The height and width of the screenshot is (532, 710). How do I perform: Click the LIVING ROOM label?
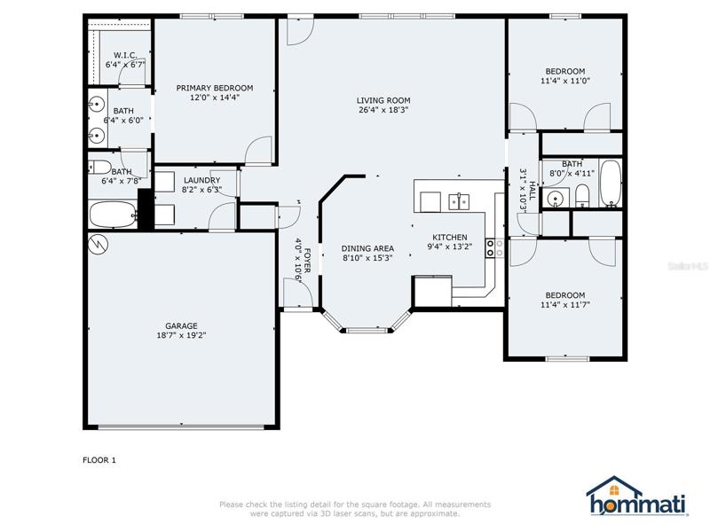383,100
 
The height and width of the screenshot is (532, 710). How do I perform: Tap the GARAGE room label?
181,325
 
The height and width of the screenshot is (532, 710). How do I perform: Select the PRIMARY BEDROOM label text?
215,88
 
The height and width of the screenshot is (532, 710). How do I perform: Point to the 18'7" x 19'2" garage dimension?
181,335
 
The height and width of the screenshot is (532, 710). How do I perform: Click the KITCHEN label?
450,237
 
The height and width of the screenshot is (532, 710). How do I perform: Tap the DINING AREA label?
367,248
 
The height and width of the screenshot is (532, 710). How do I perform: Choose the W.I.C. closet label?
125,55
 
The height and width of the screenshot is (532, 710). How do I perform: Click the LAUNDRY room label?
202,180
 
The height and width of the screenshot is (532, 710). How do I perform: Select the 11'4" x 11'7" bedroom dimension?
564,304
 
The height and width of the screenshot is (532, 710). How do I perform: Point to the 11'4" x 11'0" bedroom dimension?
565,81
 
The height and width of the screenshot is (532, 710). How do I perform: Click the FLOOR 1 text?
99,460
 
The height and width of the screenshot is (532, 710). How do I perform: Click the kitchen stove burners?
494,248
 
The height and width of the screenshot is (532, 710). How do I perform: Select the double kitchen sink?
459,202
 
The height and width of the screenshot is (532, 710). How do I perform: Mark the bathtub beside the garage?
114,215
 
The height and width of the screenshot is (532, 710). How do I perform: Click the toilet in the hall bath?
582,196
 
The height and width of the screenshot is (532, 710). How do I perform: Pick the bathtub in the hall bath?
611,184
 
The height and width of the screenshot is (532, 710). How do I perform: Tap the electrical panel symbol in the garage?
99,245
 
